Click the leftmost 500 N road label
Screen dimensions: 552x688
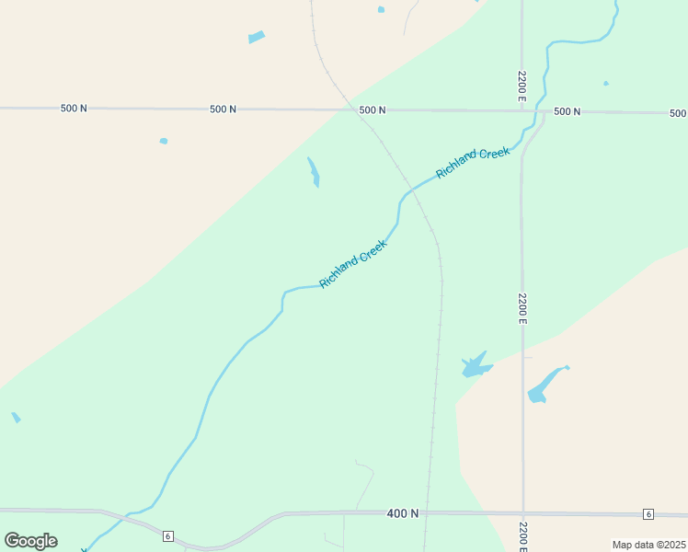[x=74, y=109]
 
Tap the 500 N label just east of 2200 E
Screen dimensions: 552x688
[x=567, y=111]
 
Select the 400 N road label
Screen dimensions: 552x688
[x=403, y=513]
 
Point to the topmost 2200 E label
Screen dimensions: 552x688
[x=522, y=86]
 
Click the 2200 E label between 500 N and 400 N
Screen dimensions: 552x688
[x=522, y=308]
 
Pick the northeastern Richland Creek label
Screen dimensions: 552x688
[x=473, y=163]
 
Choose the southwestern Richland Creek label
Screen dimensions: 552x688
[x=353, y=264]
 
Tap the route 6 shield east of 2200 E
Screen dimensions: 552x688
[x=648, y=513]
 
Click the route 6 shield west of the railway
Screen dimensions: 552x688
[x=168, y=535]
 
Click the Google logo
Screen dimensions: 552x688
[x=30, y=541]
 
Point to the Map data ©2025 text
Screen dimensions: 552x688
[x=648, y=545]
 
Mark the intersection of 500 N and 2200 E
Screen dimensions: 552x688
[x=522, y=111]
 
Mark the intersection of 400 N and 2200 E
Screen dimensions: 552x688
[x=522, y=513]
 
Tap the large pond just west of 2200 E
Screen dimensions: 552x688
[x=476, y=365]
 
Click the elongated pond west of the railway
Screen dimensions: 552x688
[x=314, y=172]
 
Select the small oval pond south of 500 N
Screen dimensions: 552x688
[x=164, y=141]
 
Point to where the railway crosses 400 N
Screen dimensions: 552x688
[x=427, y=513]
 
